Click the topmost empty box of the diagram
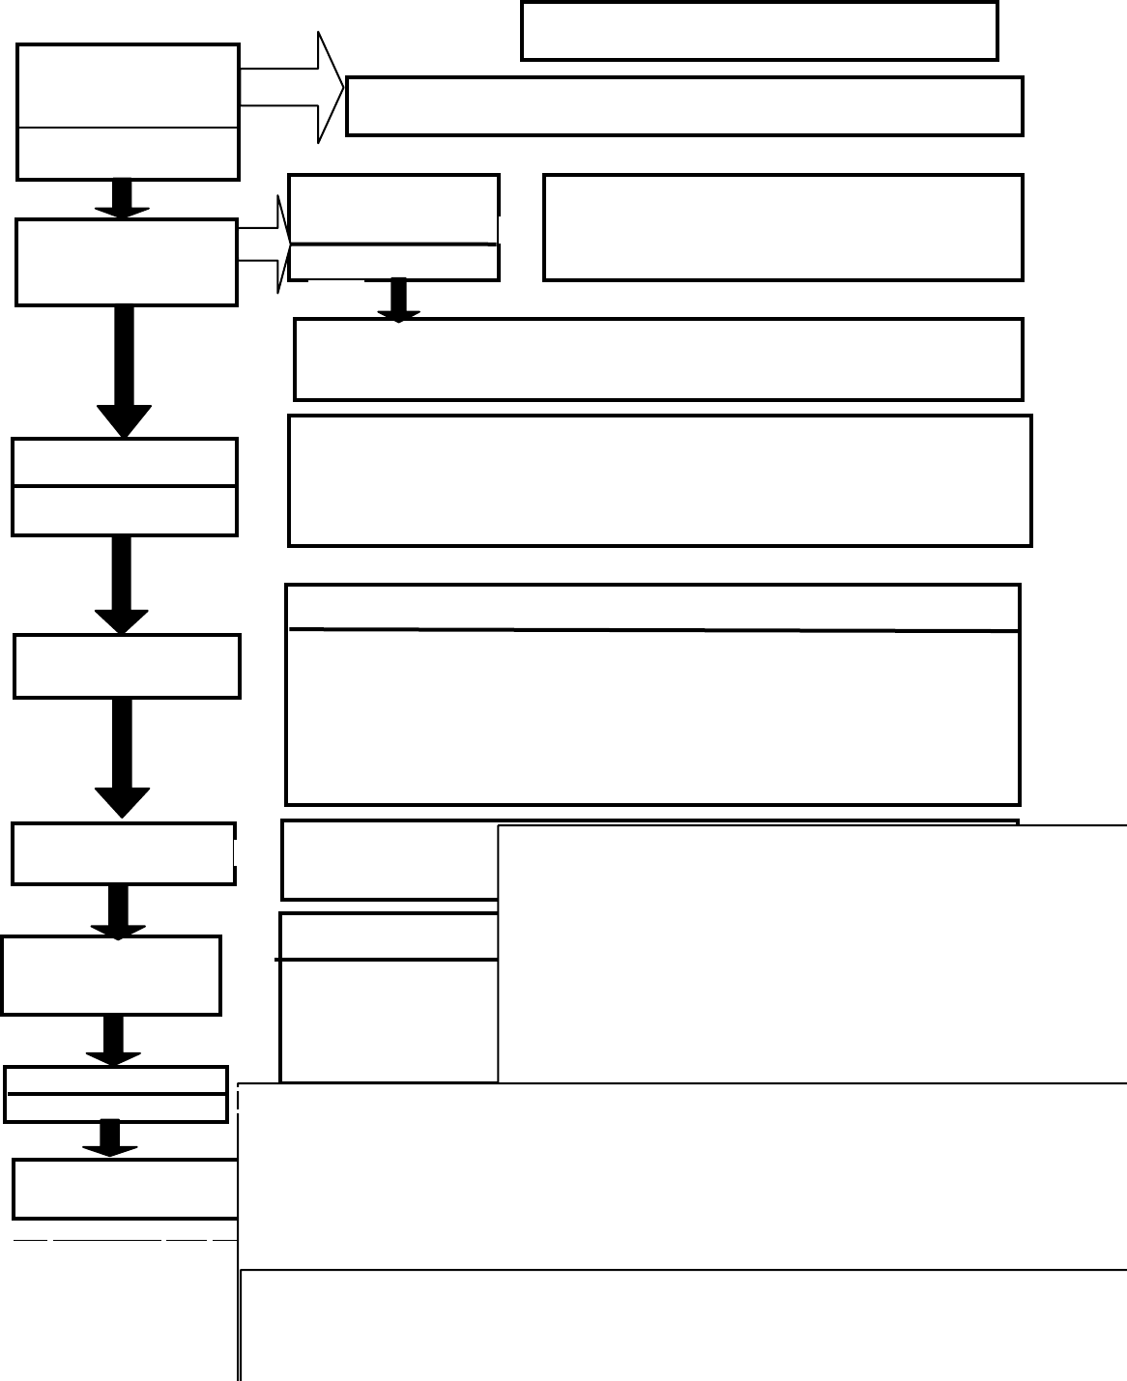pyautogui.click(x=759, y=31)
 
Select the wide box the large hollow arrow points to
pyautogui.click(x=684, y=106)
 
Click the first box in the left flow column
pyautogui.click(x=128, y=111)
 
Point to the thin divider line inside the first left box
pyautogui.click(x=128, y=128)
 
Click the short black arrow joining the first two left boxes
pyautogui.click(x=122, y=198)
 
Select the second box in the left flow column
pyautogui.click(x=127, y=262)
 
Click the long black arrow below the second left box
pyautogui.click(x=124, y=371)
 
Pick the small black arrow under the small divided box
pyautogui.click(x=398, y=300)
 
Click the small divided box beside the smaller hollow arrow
pyautogui.click(x=393, y=227)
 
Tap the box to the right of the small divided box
pyautogui.click(x=783, y=227)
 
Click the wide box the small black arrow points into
pyautogui.click(x=658, y=360)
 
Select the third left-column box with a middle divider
pyautogui.click(x=125, y=486)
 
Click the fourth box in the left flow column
pyautogui.click(x=127, y=666)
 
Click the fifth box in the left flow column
pyautogui.click(x=123, y=853)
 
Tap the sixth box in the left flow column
pyautogui.click(x=111, y=975)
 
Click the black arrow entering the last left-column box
pyautogui.click(x=109, y=1137)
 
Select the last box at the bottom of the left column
pyautogui.click(x=126, y=1189)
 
